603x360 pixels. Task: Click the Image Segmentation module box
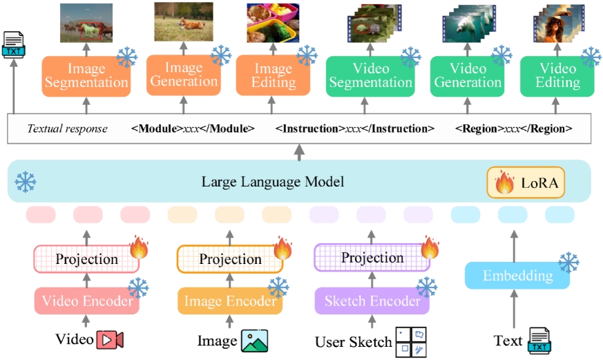[86, 75]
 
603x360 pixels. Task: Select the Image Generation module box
[183, 75]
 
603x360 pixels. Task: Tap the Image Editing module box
[273, 75]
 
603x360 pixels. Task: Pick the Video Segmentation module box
[370, 75]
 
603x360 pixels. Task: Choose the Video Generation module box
[466, 75]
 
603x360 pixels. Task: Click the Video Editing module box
[557, 75]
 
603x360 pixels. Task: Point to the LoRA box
[526, 182]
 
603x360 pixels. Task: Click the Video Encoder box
[86, 301]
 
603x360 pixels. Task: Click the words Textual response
[67, 129]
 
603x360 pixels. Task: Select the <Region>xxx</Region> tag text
[514, 129]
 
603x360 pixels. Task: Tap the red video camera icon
[110, 340]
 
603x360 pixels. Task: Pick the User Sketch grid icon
[410, 341]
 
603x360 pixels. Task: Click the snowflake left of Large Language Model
[26, 182]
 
